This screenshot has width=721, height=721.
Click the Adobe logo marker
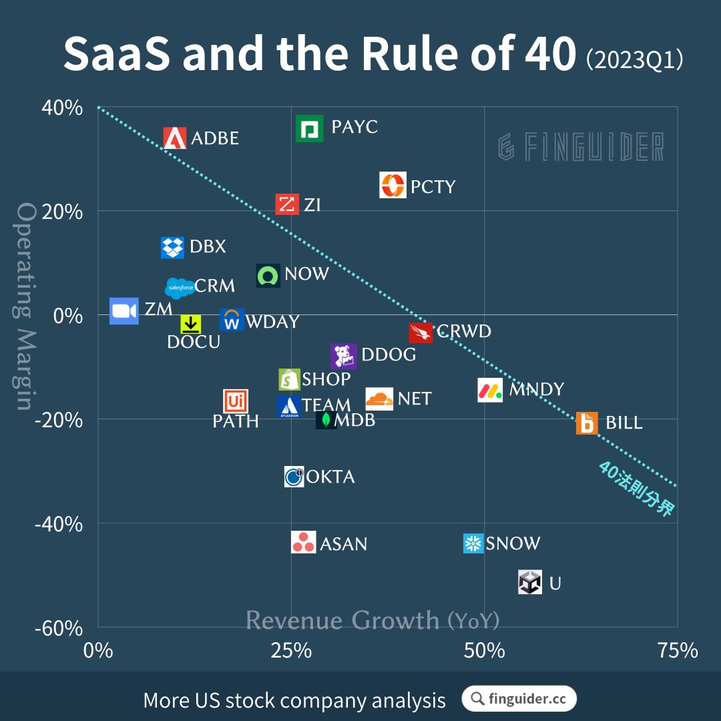point(175,138)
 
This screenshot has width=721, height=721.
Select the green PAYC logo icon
point(310,128)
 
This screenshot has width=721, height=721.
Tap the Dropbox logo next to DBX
point(173,247)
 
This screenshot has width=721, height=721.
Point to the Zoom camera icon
point(124,311)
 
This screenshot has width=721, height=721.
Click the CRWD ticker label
point(463,331)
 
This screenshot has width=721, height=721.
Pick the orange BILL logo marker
point(587,423)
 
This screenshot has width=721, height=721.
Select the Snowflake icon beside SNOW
point(473,543)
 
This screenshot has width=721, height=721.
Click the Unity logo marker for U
point(530,583)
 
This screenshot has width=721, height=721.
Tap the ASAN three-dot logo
point(304,543)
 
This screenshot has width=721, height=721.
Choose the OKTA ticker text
point(330,477)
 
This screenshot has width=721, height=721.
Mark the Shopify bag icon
point(290,380)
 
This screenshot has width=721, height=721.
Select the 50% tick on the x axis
point(483,650)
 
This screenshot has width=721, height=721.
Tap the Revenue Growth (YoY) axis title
point(373,620)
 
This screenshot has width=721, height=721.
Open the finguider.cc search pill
point(519,699)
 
